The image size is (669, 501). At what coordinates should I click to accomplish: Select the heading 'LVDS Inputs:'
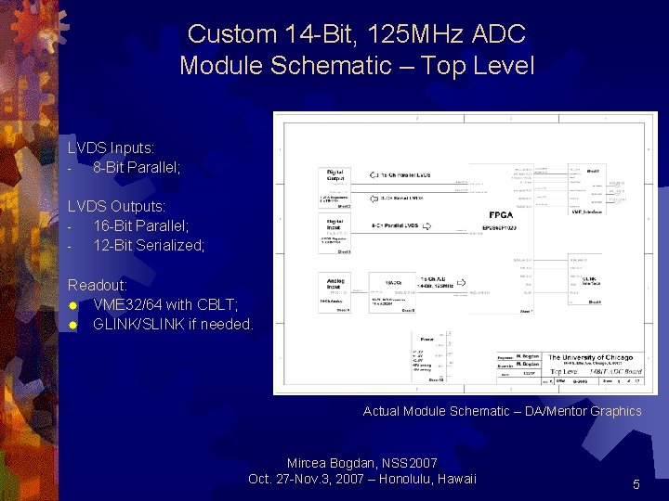point(111,148)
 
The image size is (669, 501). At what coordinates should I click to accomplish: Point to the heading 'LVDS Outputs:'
point(116,206)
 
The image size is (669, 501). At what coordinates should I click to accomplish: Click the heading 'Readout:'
point(98,285)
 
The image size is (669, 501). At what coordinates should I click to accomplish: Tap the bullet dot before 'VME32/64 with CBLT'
point(72,305)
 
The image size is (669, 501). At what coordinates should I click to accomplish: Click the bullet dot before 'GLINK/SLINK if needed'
point(72,325)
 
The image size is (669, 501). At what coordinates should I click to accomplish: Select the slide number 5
point(636,484)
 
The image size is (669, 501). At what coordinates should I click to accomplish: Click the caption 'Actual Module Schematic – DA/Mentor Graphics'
point(502,411)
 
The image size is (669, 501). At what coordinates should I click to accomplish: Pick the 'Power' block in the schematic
point(426,340)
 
